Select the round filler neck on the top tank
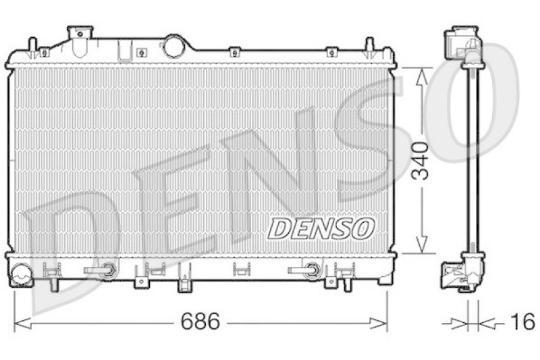point(172,47)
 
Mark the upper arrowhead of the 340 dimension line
point(420,75)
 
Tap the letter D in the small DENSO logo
point(279,228)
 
